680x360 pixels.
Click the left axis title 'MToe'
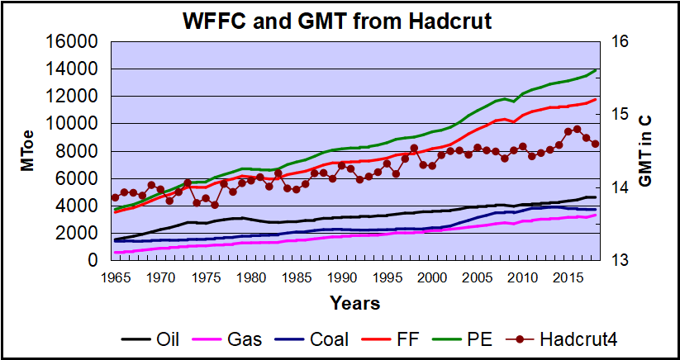pos(28,151)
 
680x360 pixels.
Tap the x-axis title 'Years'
pos(355,303)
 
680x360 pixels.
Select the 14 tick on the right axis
pos(620,187)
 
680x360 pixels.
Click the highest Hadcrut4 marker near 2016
pos(577,129)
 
